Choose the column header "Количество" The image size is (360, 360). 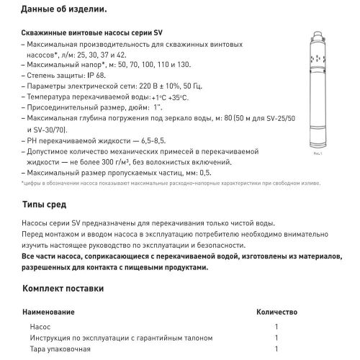point(276,314)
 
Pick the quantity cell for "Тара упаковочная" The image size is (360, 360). point(276,348)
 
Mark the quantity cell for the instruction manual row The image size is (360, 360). point(276,338)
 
